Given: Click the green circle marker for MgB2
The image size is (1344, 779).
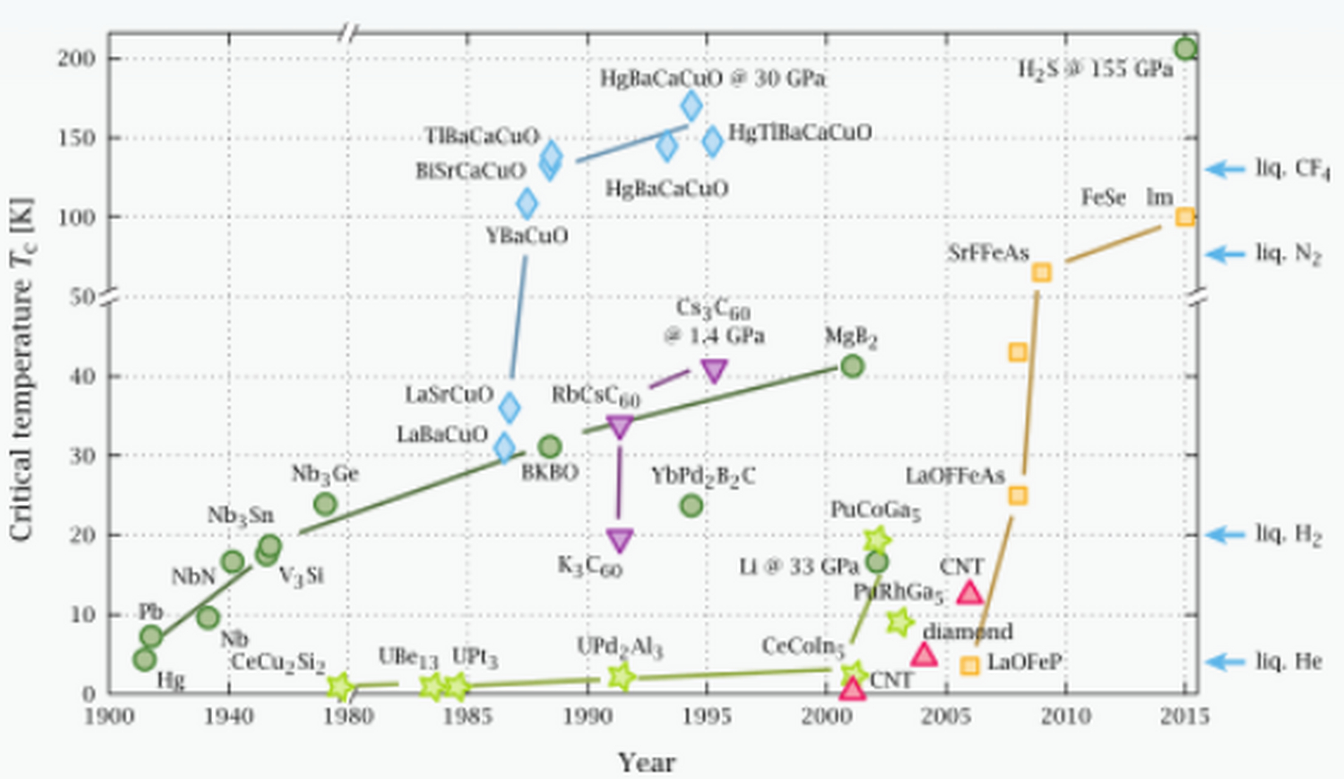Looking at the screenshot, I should click(x=852, y=366).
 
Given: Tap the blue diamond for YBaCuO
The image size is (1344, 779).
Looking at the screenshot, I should click(x=527, y=203).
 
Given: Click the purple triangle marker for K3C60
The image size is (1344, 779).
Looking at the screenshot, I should click(x=620, y=539).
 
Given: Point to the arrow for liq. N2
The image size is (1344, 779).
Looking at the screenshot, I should click(x=1225, y=254).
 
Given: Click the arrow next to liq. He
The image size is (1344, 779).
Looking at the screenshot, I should click(x=1225, y=662).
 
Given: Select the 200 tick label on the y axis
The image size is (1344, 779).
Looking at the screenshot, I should click(x=77, y=59).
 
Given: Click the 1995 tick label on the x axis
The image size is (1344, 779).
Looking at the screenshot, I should click(x=707, y=717).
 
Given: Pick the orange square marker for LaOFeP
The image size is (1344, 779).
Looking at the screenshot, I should click(x=970, y=665).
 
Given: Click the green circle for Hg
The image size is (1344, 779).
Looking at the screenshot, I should click(x=144, y=659).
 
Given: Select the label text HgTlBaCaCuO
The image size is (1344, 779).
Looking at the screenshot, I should click(x=800, y=133).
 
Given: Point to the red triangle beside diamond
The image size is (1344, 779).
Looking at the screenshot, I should click(x=924, y=655).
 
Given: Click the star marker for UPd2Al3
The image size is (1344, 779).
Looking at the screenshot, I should click(x=621, y=676).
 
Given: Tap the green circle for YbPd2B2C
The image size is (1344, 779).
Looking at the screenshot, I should click(x=691, y=505).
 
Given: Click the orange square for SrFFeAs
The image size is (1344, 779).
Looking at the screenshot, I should click(x=1042, y=272).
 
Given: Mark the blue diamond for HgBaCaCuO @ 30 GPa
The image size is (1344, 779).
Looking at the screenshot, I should click(x=691, y=106).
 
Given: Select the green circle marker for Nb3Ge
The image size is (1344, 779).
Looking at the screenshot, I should click(x=326, y=504).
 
